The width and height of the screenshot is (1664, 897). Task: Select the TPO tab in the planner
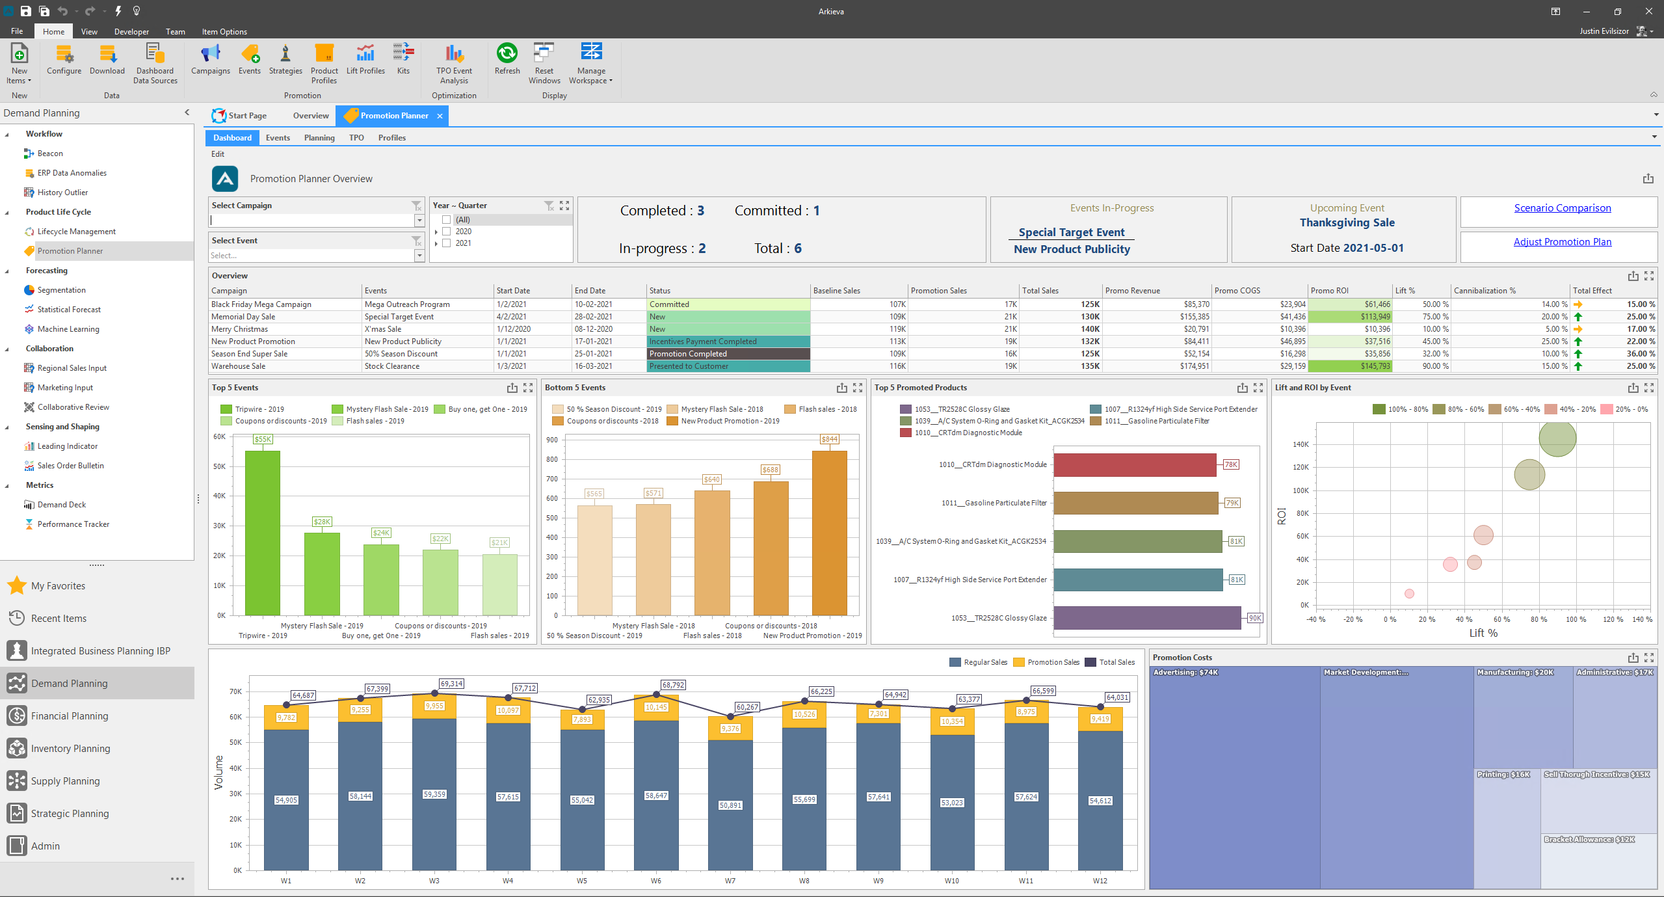click(356, 138)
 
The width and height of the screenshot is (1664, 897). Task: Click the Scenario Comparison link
click(1562, 208)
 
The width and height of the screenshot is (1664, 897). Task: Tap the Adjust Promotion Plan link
click(1562, 242)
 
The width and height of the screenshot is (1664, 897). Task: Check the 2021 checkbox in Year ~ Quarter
click(447, 243)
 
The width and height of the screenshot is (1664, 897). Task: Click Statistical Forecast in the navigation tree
click(69, 310)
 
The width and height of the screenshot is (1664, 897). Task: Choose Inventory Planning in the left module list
click(70, 748)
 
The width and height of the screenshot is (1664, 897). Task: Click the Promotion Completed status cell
click(728, 354)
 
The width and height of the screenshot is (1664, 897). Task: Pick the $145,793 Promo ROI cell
click(1349, 366)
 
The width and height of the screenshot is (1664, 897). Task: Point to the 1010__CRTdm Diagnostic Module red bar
click(1135, 465)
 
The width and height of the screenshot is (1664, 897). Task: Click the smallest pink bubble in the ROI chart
click(1409, 593)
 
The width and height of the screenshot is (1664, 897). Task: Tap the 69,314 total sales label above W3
click(451, 684)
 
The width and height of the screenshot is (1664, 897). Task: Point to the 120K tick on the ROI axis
click(1301, 467)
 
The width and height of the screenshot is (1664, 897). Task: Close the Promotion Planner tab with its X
click(440, 116)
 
